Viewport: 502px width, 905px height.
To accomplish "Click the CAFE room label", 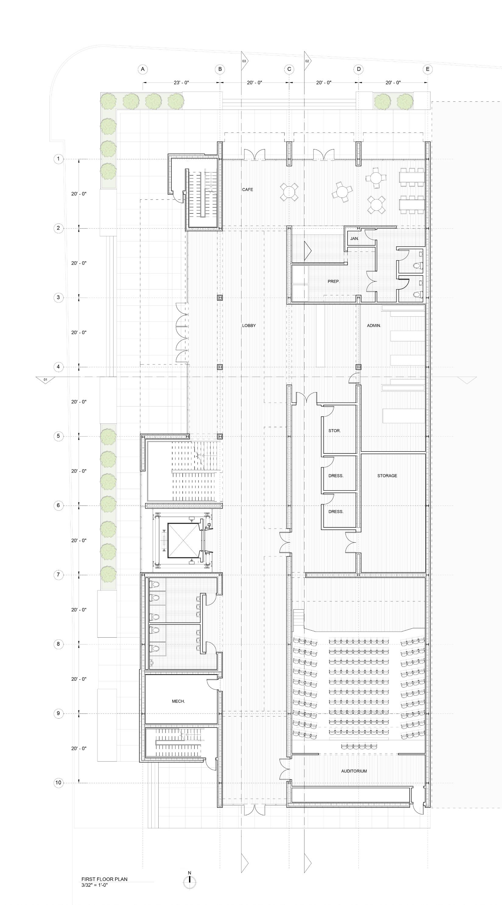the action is point(247,190).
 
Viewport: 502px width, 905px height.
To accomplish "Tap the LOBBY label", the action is point(249,326).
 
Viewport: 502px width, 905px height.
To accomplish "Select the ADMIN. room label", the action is point(374,326).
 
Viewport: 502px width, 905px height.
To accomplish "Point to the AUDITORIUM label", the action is point(354,771).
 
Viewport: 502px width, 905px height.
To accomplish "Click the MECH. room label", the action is point(178,701).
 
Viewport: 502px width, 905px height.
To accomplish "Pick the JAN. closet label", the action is point(354,238).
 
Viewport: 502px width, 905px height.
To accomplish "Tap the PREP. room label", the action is point(333,281).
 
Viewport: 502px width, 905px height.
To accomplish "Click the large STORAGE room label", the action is point(387,476).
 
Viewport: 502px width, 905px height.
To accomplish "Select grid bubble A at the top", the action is point(143,69).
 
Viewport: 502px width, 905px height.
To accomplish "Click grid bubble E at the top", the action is point(427,69).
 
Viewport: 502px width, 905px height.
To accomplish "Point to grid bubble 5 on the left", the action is point(58,436).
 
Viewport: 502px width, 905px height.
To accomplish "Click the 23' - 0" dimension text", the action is point(181,83).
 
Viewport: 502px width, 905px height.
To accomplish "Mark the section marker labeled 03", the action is point(244,61).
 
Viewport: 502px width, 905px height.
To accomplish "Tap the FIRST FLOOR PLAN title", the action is point(104,879).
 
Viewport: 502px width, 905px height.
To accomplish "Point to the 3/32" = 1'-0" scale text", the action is point(94,885).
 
